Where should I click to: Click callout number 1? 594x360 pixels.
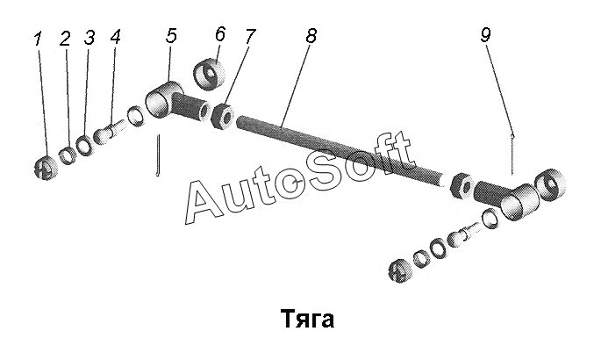point(38,39)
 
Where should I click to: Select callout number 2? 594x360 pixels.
point(65,39)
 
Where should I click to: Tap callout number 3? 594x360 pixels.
point(89,38)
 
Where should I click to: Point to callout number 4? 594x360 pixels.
point(116,37)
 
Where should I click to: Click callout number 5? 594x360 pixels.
point(172,35)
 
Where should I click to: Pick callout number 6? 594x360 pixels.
point(219,33)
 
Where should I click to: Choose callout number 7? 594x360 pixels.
point(250,36)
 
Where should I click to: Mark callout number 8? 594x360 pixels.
point(311,36)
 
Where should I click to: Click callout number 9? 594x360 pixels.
point(486,35)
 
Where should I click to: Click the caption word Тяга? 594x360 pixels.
point(308,319)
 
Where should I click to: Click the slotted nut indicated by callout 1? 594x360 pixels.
point(46,168)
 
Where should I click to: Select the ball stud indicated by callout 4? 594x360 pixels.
point(110,131)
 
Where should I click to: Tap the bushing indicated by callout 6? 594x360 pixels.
point(209,74)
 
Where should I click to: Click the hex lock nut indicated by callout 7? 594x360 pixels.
point(223,116)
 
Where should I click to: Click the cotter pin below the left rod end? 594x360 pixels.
point(158,155)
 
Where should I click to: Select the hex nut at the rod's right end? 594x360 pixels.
point(462,185)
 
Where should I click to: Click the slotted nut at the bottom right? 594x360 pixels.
point(400,270)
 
